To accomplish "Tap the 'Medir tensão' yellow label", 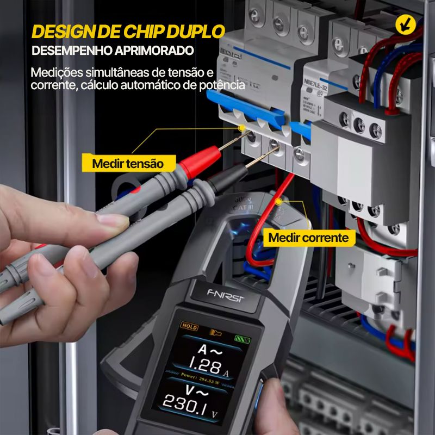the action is (127, 163).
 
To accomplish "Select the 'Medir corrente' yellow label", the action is (308, 238).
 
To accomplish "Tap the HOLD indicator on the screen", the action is (190, 327).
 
